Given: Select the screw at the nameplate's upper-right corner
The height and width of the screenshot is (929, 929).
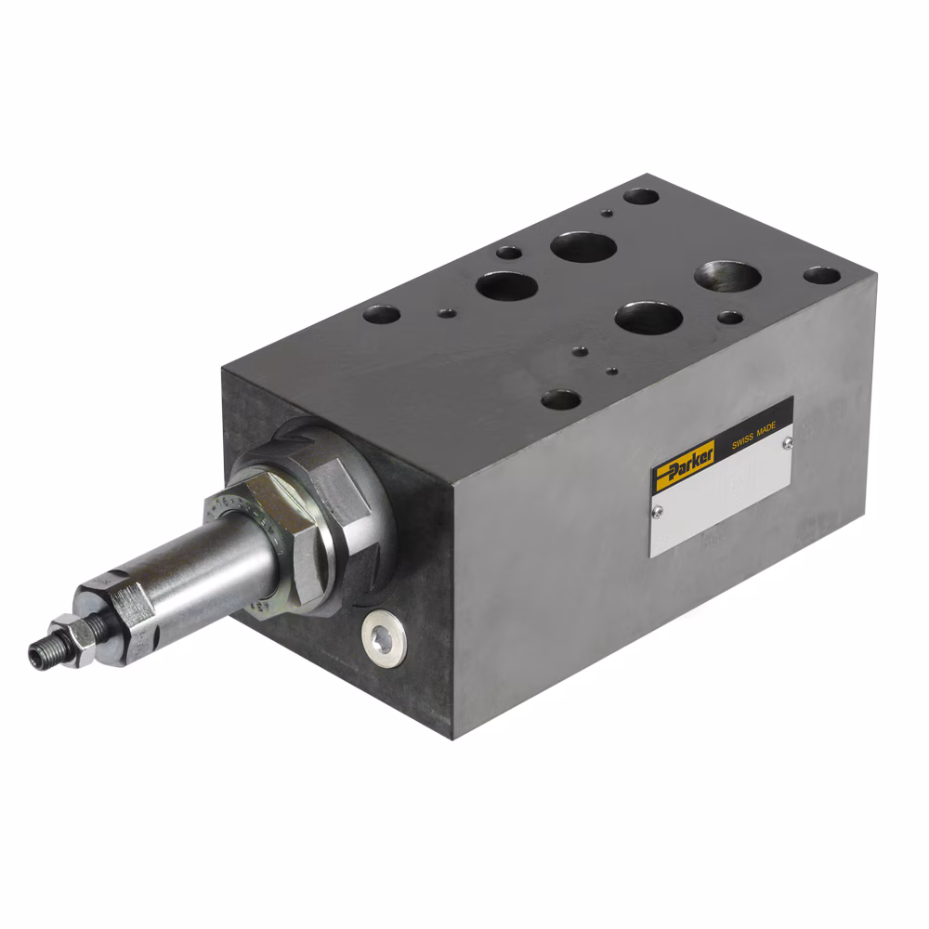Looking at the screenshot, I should click(x=786, y=443).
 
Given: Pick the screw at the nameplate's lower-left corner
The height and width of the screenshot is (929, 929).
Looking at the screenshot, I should click(x=658, y=509).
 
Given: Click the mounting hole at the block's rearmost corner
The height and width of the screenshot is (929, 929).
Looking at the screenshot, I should click(x=640, y=197).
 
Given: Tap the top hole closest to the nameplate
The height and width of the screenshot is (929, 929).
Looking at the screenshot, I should click(x=561, y=400).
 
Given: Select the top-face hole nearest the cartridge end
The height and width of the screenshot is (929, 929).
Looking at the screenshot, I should click(x=382, y=315).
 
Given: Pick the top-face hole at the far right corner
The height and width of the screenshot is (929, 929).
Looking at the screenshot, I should click(x=821, y=275).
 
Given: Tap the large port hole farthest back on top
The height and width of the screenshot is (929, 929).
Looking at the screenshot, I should click(x=583, y=247).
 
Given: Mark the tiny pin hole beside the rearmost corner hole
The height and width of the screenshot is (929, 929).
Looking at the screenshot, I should click(x=606, y=213).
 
